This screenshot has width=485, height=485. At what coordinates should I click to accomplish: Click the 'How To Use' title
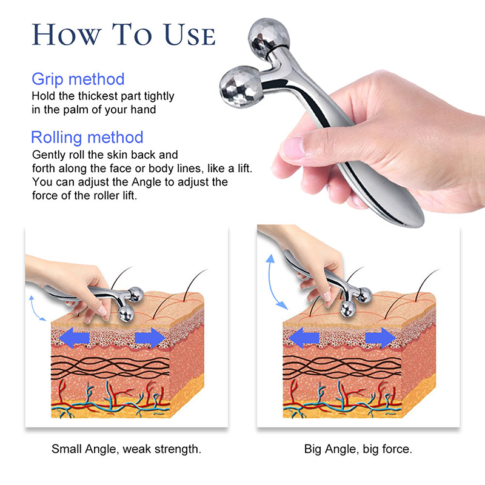pyautogui.click(x=124, y=35)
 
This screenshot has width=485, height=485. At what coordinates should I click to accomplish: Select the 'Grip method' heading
pyautogui.click(x=78, y=79)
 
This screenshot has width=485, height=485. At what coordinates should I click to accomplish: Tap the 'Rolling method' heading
pyautogui.click(x=87, y=138)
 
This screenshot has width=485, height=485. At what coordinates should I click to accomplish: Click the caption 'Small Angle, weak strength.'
pyautogui.click(x=126, y=449)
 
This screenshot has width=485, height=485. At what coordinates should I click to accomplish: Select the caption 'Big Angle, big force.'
pyautogui.click(x=358, y=449)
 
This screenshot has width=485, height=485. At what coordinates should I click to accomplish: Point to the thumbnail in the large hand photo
pyautogui.click(x=293, y=146)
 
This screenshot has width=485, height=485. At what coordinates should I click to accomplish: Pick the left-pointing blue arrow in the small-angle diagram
pyautogui.click(x=74, y=338)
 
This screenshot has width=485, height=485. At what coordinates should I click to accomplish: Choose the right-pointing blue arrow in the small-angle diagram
pyautogui.click(x=150, y=338)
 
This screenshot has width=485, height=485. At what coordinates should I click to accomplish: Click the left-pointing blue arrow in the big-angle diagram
pyautogui.click(x=304, y=338)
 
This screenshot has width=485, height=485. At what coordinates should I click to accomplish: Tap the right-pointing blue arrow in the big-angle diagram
pyautogui.click(x=381, y=338)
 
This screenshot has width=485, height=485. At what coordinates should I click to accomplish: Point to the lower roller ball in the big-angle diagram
pyautogui.click(x=348, y=309)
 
